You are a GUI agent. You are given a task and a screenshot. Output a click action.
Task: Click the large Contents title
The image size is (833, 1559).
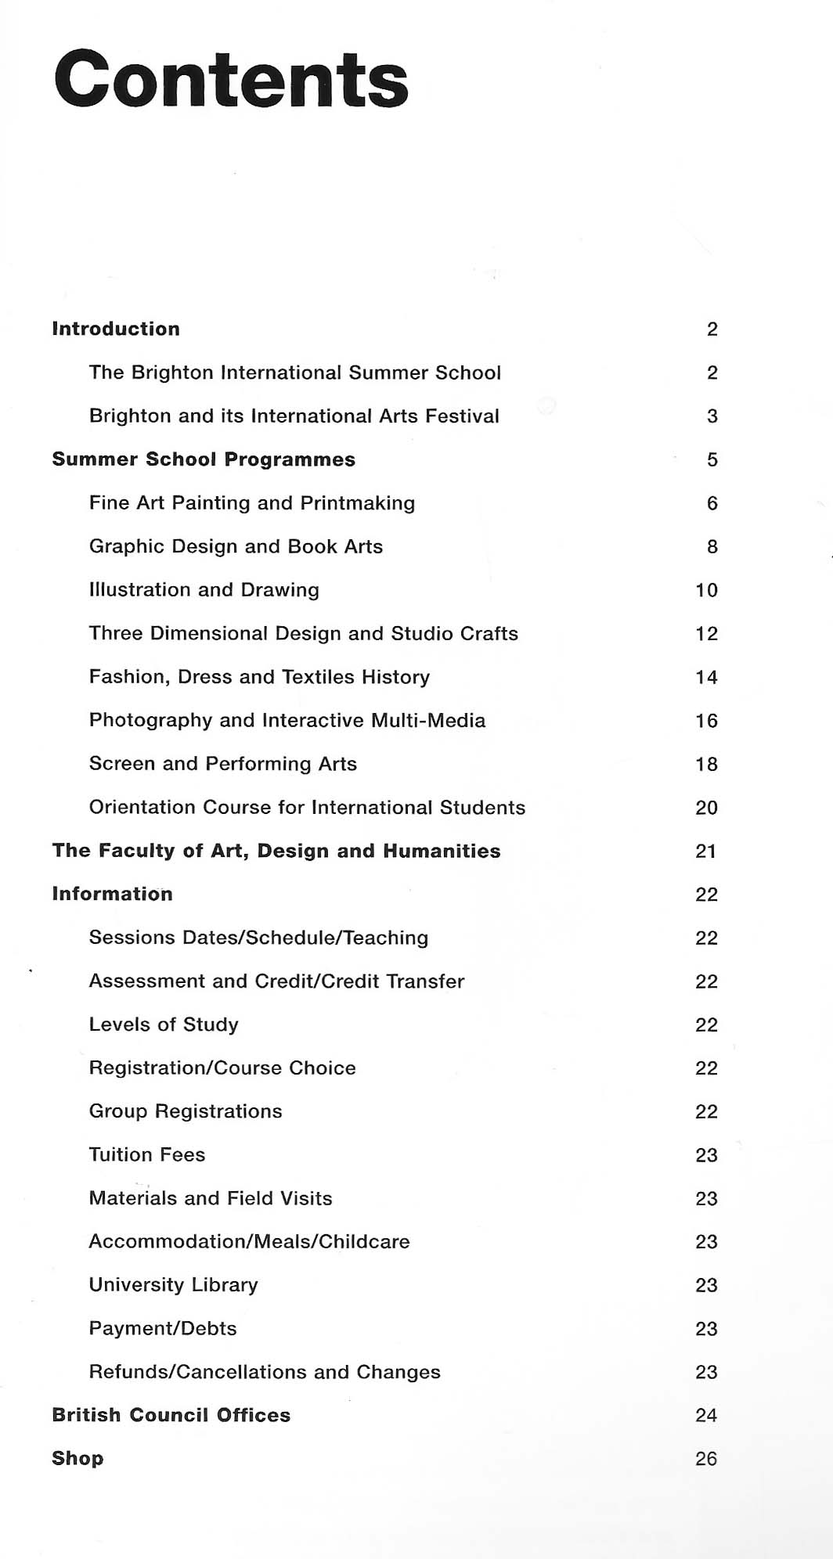(231, 80)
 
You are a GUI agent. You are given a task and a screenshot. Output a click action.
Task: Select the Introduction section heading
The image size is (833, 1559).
(116, 329)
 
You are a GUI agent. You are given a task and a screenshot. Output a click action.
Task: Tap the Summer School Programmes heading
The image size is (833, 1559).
(204, 459)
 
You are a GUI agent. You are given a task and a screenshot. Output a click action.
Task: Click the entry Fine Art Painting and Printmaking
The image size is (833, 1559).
(252, 503)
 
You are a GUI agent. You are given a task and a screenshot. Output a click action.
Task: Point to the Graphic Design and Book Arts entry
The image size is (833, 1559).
(236, 546)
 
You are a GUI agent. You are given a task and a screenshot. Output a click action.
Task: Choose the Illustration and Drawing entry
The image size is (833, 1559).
(204, 590)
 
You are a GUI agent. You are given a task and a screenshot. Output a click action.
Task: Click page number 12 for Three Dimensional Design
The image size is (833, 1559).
(706, 634)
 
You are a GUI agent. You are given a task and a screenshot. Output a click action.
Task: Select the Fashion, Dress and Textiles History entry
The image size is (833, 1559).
(259, 677)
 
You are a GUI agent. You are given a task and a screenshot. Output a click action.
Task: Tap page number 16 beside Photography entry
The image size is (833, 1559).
(706, 721)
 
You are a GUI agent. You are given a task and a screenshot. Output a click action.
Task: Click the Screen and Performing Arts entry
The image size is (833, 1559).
(223, 764)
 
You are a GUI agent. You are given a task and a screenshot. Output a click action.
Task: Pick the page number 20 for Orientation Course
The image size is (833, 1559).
(706, 808)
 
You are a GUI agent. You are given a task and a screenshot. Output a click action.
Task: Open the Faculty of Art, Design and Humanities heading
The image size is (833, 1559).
(276, 851)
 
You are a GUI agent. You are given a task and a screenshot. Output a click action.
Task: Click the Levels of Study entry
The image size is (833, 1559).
(164, 1024)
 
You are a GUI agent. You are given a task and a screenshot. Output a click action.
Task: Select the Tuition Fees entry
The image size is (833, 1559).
(147, 1154)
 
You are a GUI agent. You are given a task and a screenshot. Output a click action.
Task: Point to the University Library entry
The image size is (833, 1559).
(174, 1285)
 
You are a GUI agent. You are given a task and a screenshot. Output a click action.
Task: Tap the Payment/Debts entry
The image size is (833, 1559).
(163, 1328)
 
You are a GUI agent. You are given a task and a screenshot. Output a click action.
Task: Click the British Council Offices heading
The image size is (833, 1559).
(171, 1415)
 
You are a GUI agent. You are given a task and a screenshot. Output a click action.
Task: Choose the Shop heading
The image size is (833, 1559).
(78, 1459)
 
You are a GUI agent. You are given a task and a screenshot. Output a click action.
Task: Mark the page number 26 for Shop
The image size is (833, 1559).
(706, 1459)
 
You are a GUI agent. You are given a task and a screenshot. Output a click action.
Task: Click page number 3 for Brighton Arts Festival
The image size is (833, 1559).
(712, 416)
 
